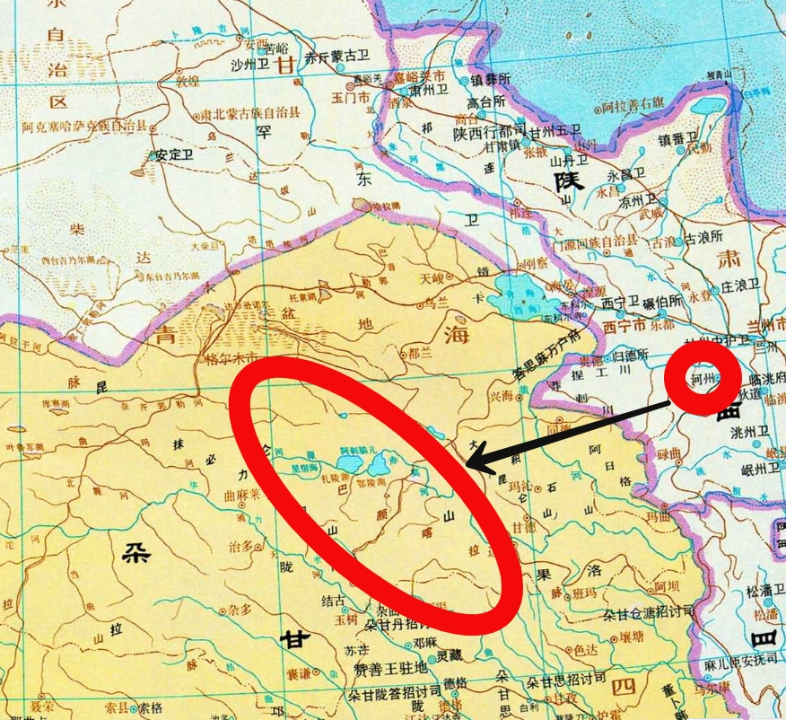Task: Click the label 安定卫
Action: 175,154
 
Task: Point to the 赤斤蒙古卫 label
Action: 338,57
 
